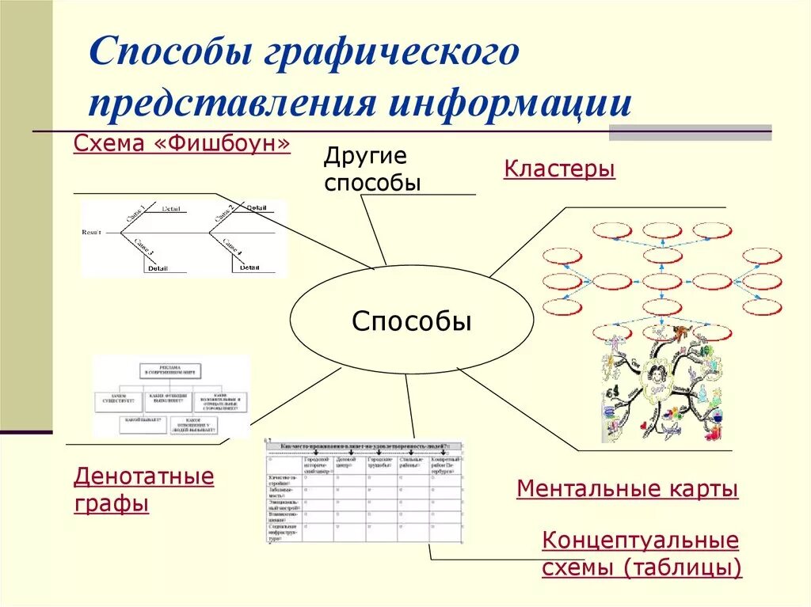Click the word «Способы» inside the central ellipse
coord(412,322)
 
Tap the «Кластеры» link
coord(559,169)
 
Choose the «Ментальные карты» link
coord(627,489)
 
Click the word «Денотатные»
coord(144,476)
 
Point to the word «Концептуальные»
coord(640,541)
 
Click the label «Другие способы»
coord(371,169)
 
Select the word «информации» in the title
coord(509,104)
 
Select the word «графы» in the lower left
coord(112,504)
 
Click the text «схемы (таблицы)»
coord(642,567)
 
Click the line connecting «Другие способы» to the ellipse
coord(373,230)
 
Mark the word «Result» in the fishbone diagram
coord(92,232)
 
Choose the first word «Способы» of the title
coord(168,54)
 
